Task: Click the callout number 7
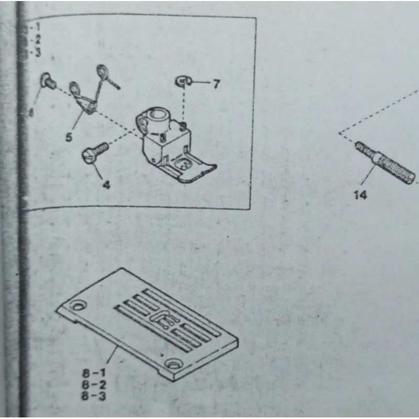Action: point(216,84)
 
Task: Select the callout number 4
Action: point(106,184)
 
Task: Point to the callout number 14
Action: point(360,195)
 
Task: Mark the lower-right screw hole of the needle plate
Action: point(171,363)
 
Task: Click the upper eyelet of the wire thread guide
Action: point(103,71)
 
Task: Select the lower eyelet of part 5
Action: point(75,87)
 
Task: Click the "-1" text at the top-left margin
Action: point(36,27)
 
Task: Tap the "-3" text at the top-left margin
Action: point(36,52)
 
